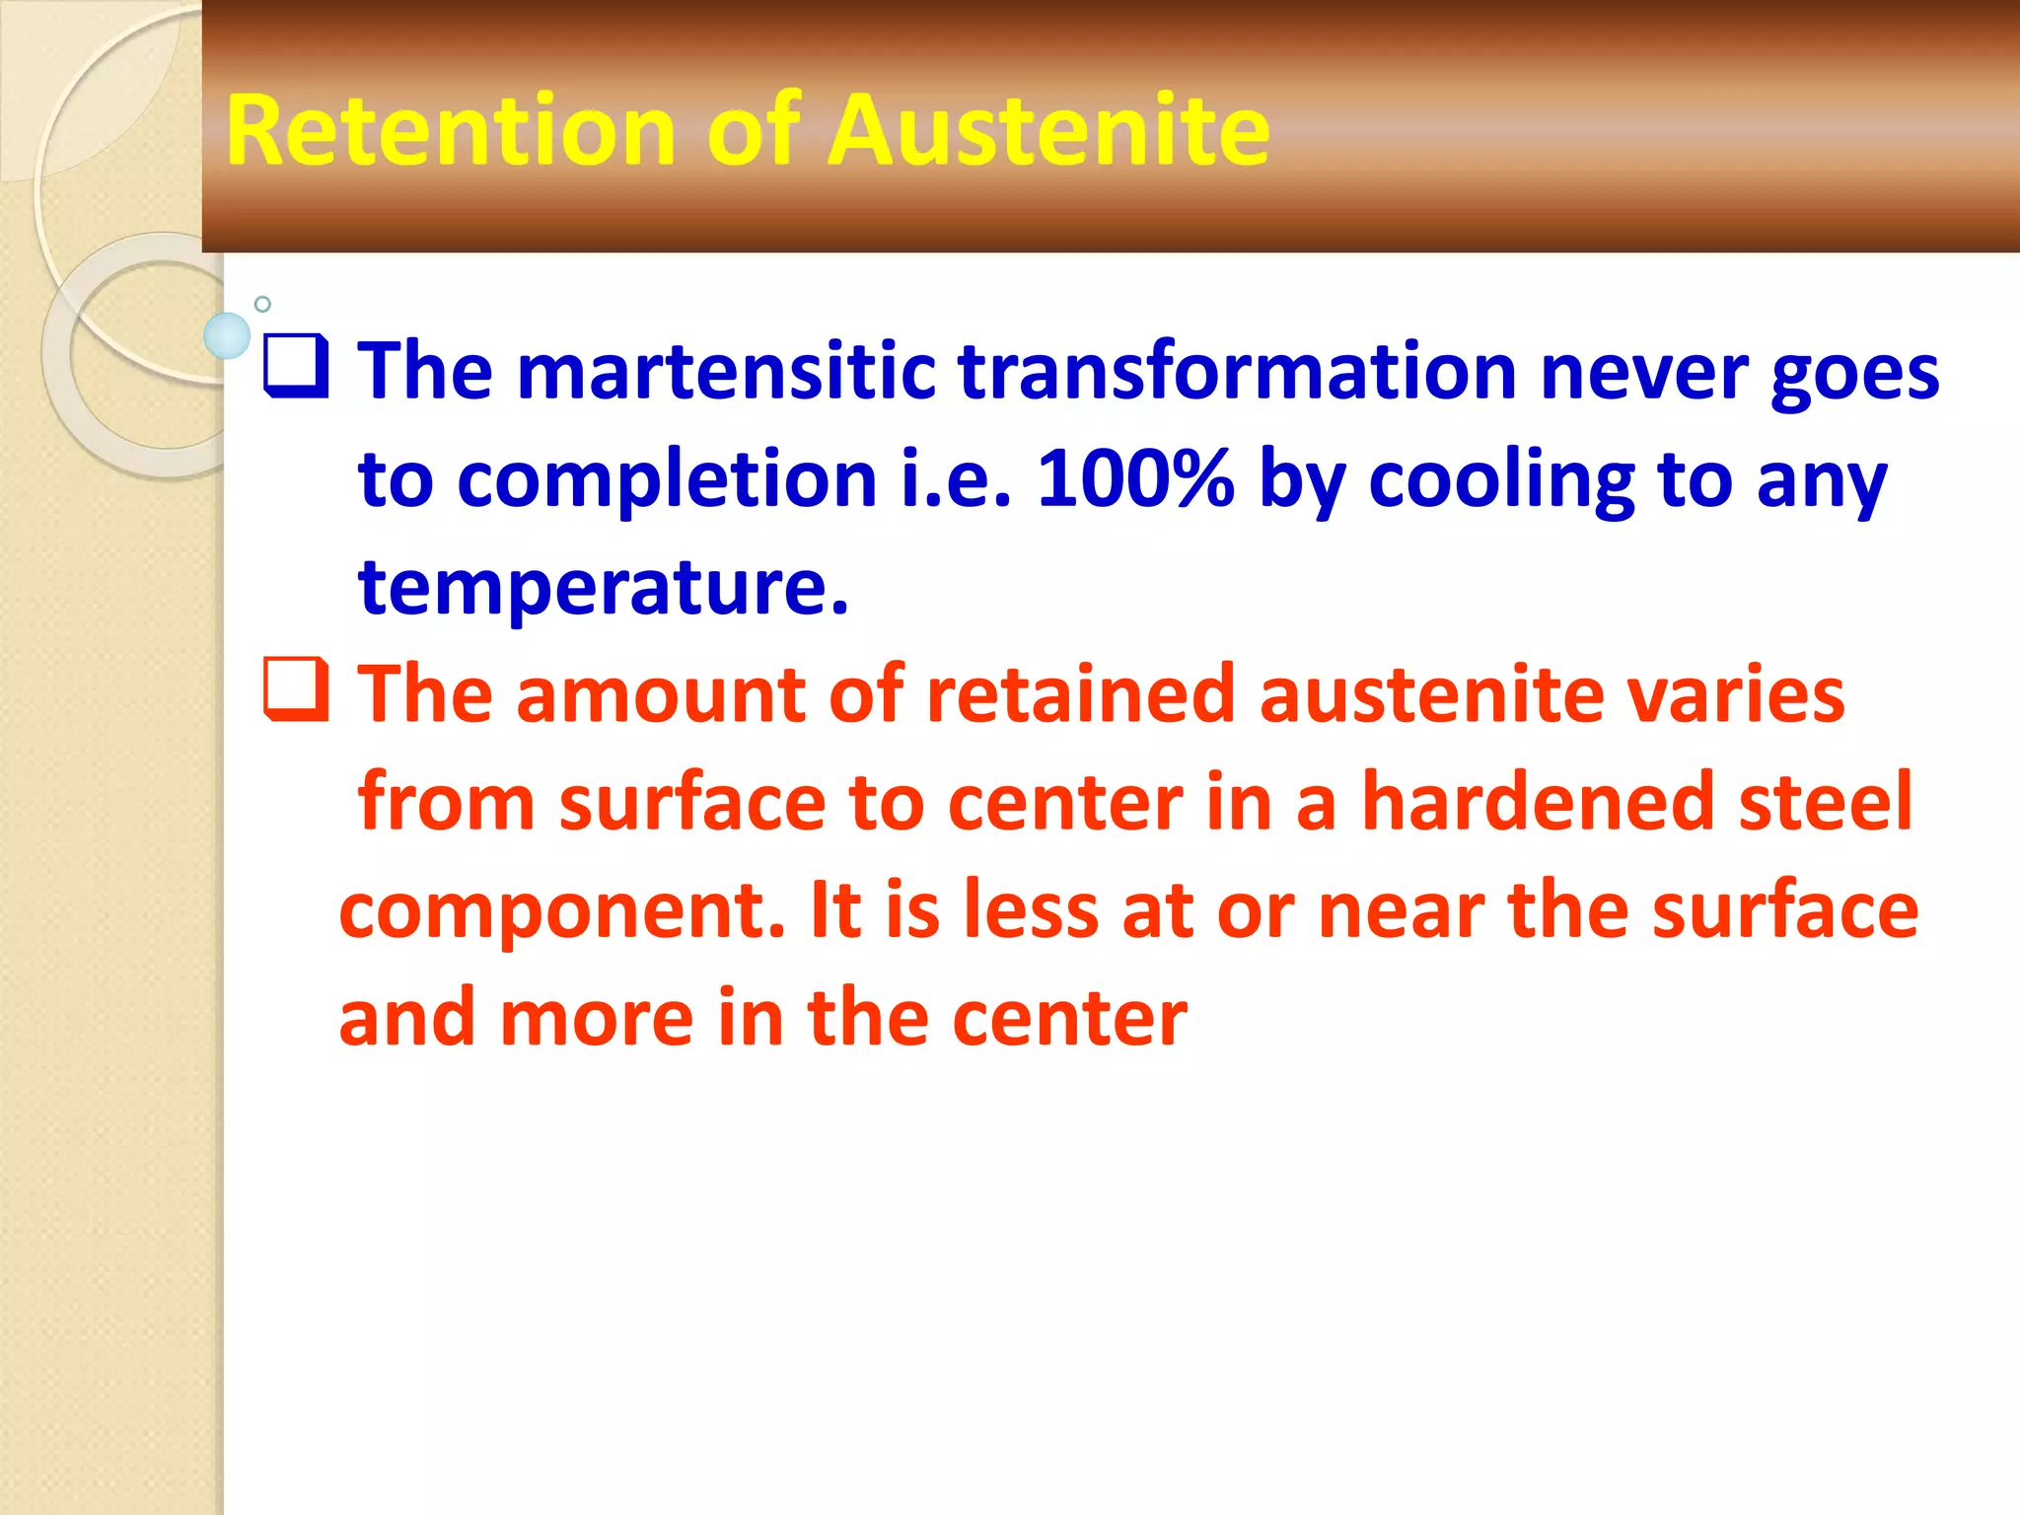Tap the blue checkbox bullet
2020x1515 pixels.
coord(296,367)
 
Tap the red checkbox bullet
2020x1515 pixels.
coord(296,690)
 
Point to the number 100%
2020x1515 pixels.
coord(1135,480)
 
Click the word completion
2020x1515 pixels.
coord(667,480)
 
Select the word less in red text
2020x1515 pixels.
coord(1031,909)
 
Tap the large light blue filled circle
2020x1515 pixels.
coord(227,336)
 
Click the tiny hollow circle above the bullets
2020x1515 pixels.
coord(262,304)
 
